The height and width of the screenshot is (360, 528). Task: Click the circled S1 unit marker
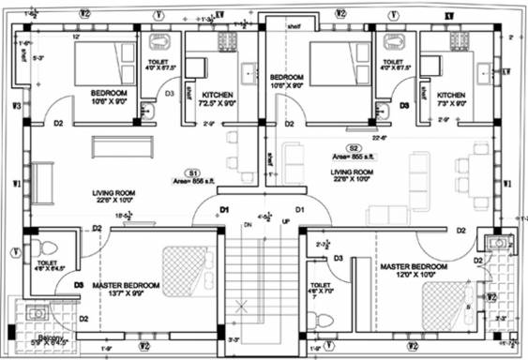click(x=190, y=173)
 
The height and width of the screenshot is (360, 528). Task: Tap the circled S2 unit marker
click(x=354, y=148)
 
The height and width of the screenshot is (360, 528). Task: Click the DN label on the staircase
click(x=248, y=225)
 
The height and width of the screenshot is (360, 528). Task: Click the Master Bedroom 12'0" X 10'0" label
click(x=413, y=272)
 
